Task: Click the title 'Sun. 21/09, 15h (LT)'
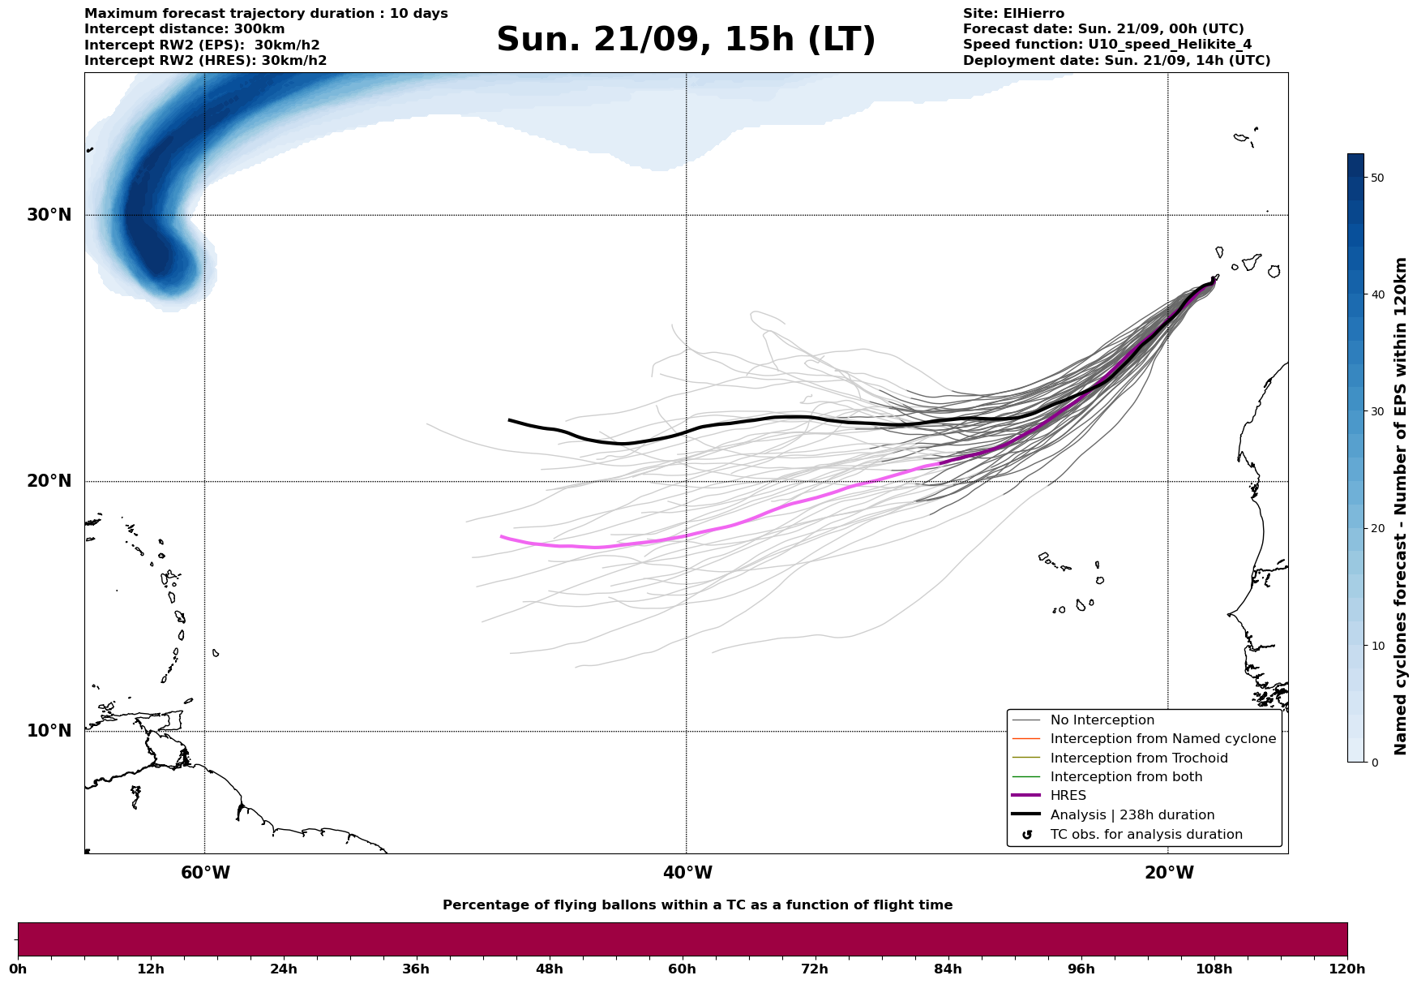pyautogui.click(x=686, y=40)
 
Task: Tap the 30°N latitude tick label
pyautogui.click(x=49, y=215)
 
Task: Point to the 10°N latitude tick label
pyautogui.click(x=49, y=731)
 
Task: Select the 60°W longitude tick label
pyautogui.click(x=205, y=873)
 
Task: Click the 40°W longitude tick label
pyautogui.click(x=687, y=873)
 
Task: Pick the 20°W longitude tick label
pyautogui.click(x=1169, y=873)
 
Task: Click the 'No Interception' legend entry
pyautogui.click(x=1102, y=720)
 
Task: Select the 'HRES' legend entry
pyautogui.click(x=1068, y=796)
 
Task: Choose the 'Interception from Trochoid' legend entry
pyautogui.click(x=1138, y=758)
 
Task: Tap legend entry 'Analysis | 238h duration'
pyautogui.click(x=1132, y=815)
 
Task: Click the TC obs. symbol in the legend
pyautogui.click(x=1027, y=835)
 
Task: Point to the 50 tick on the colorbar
pyautogui.click(x=1376, y=178)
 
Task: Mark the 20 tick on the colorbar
pyautogui.click(x=1376, y=528)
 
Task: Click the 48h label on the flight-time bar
pyautogui.click(x=549, y=969)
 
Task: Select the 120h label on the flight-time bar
pyautogui.click(x=1347, y=969)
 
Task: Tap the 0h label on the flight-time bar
pyautogui.click(x=18, y=969)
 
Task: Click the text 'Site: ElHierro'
pyautogui.click(x=1013, y=14)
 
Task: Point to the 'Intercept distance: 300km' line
pyautogui.click(x=184, y=29)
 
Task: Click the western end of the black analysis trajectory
pyautogui.click(x=510, y=420)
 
